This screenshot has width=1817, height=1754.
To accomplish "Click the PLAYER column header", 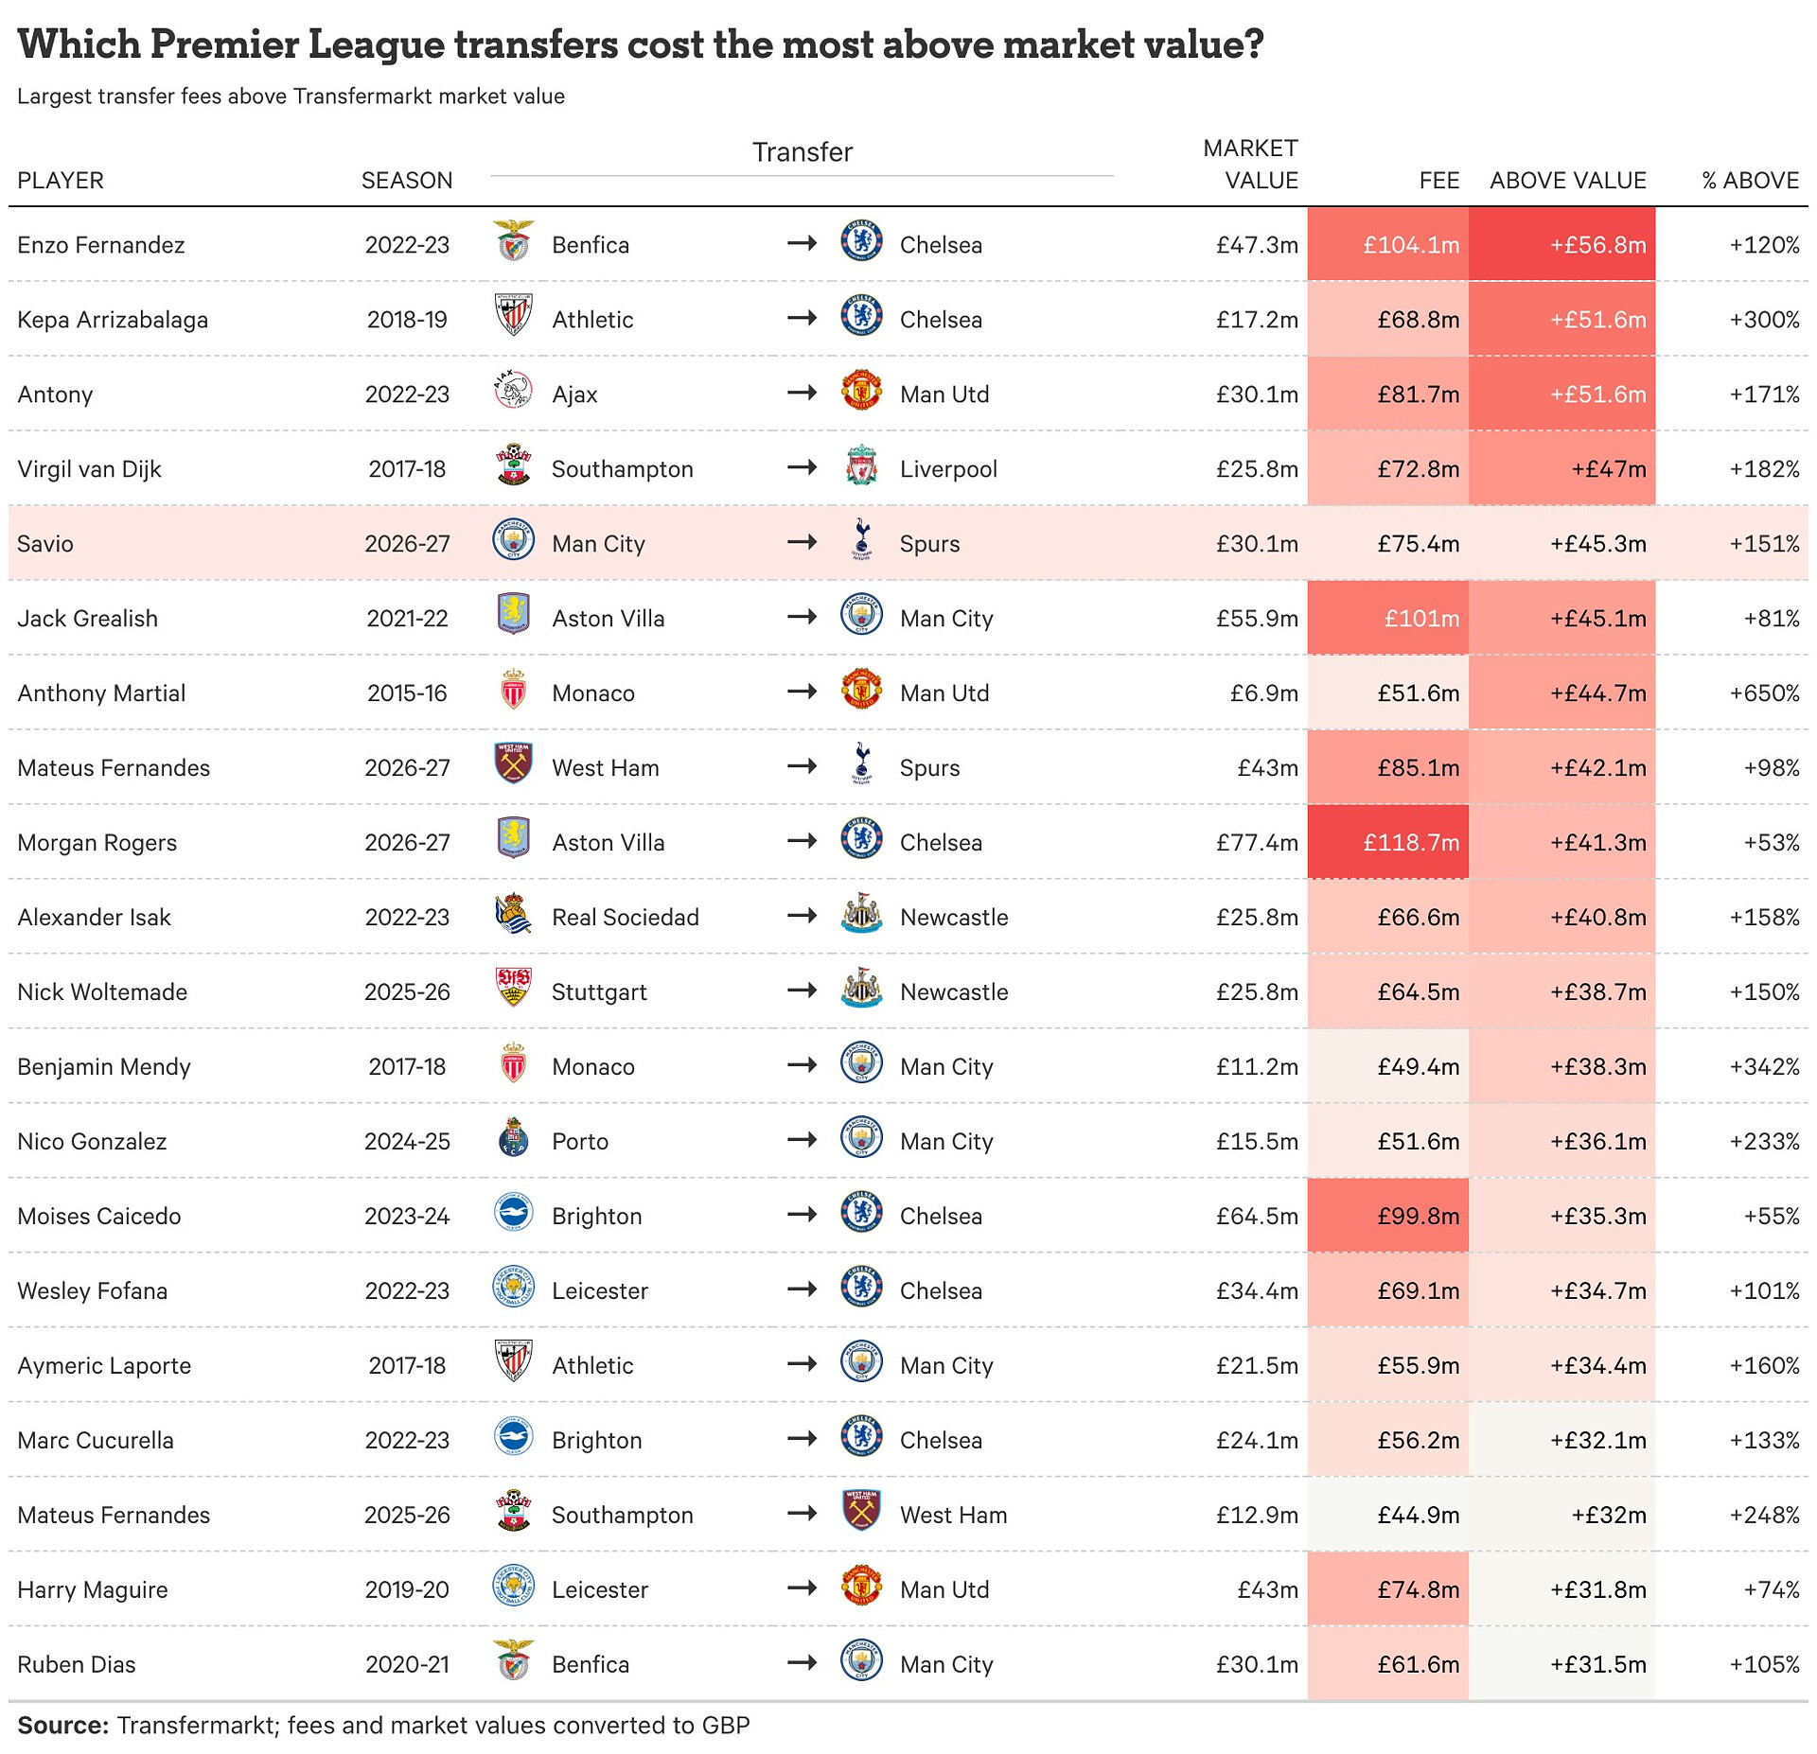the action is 61,181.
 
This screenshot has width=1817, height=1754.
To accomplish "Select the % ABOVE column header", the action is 1750,181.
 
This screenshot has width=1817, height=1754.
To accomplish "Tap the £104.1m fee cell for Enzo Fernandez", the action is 1411,245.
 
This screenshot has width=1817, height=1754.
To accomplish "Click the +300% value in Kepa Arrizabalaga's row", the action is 1764,320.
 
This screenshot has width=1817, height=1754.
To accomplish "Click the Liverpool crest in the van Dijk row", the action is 861,465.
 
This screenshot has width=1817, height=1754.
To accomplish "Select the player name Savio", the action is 45,544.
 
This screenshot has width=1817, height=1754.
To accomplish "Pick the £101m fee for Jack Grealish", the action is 1421,619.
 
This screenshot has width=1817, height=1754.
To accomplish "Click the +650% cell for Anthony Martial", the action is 1764,693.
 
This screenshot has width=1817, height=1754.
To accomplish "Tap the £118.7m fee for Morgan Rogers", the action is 1411,843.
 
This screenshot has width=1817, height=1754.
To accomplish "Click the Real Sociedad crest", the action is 514,914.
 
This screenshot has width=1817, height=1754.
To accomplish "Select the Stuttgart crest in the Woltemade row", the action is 514,989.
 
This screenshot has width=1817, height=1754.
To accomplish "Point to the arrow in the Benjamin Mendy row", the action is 802,1065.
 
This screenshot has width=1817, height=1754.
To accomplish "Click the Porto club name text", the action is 580,1142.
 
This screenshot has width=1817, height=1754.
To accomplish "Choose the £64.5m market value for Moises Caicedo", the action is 1257,1217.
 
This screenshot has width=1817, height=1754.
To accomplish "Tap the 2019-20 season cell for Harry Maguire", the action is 407,1590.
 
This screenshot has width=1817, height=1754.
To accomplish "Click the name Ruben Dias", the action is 77,1665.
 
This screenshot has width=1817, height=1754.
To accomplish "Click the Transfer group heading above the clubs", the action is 803,152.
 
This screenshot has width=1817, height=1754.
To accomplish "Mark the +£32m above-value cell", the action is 1609,1516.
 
